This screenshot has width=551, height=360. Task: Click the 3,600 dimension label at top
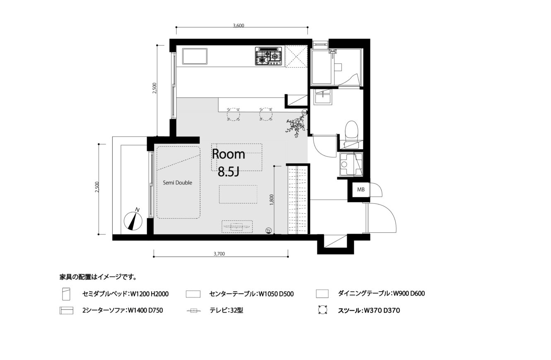pos(238,26)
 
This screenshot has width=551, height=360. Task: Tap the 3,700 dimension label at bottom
pos(219,254)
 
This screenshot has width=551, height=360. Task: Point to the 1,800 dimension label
pos(272,200)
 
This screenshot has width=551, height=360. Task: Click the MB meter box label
pos(361,190)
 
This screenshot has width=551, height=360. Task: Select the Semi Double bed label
pos(177,183)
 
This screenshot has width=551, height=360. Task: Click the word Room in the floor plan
pos(229,154)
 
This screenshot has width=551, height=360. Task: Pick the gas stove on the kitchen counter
pos(268,56)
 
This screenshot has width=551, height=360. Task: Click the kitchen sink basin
pos(195,56)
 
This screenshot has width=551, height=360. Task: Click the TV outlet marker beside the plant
pos(304,113)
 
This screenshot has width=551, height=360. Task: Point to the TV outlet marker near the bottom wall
pos(268,230)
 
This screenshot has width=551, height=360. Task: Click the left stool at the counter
pos(233,114)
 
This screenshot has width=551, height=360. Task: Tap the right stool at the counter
pos(266,114)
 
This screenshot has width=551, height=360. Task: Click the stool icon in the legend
pos(322,310)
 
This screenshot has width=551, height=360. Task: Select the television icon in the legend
pos(193,311)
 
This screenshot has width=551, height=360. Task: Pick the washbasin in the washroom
pos(323,97)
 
